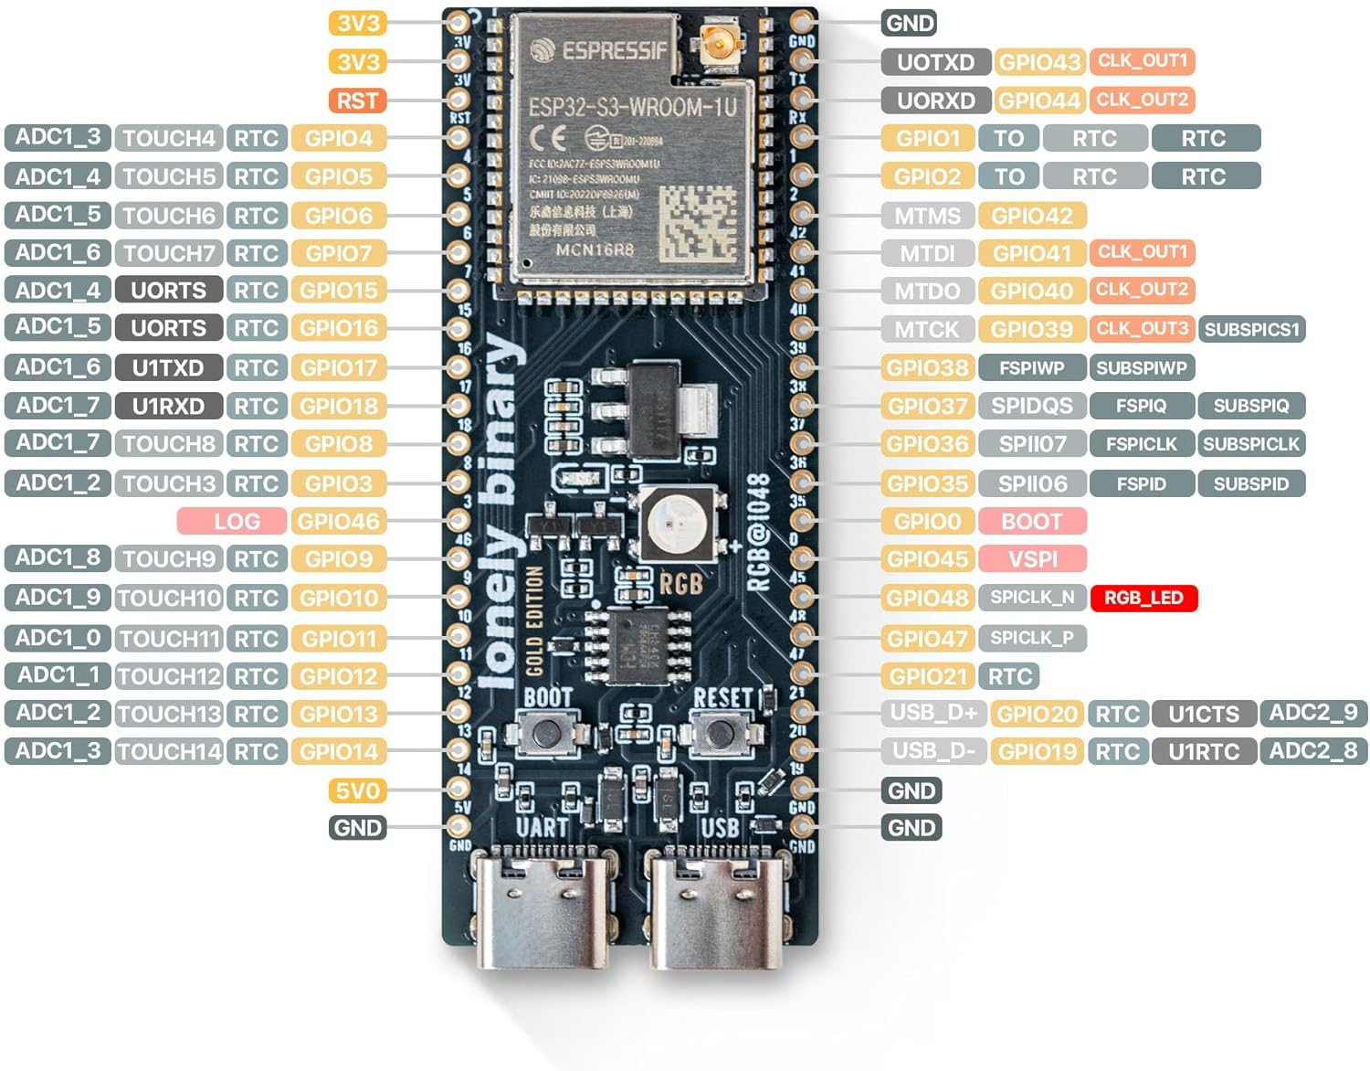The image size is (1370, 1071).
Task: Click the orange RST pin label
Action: click(357, 101)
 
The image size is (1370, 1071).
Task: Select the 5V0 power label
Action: click(357, 790)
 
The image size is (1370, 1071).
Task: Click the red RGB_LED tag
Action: click(1143, 598)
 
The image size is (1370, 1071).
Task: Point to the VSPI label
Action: click(1032, 559)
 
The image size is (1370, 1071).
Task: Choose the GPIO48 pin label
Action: click(927, 599)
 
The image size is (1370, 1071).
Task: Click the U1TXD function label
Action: click(168, 367)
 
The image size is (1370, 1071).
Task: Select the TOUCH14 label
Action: click(169, 751)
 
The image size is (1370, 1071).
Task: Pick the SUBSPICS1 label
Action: click(1251, 329)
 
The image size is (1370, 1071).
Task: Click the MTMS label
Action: click(927, 216)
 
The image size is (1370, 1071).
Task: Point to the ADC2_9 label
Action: click(1313, 713)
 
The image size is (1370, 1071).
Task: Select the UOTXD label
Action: click(935, 62)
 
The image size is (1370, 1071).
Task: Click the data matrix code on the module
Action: click(699, 222)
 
